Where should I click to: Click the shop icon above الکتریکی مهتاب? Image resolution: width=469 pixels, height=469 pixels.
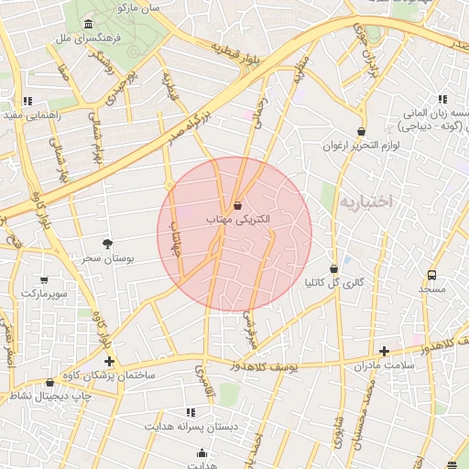point(238,205)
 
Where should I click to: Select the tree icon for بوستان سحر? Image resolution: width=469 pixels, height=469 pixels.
point(109,244)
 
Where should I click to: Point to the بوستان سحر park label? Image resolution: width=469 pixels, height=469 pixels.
point(109,259)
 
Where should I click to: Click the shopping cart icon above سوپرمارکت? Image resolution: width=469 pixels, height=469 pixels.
point(44,279)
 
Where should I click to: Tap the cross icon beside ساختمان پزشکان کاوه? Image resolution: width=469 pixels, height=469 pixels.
point(110,362)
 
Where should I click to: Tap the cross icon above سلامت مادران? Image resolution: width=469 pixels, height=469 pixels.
point(384,350)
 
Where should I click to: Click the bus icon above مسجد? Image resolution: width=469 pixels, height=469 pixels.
point(431,273)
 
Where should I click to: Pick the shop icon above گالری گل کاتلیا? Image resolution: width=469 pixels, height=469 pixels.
point(333,268)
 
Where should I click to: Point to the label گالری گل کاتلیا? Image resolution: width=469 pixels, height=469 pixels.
point(333,283)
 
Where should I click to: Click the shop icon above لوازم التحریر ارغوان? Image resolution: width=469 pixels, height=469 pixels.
point(361,131)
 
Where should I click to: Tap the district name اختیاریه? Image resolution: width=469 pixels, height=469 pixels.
point(365,200)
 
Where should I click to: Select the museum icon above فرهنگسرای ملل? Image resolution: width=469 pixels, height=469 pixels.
point(87,24)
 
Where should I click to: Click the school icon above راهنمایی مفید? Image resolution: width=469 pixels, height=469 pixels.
point(28,100)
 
